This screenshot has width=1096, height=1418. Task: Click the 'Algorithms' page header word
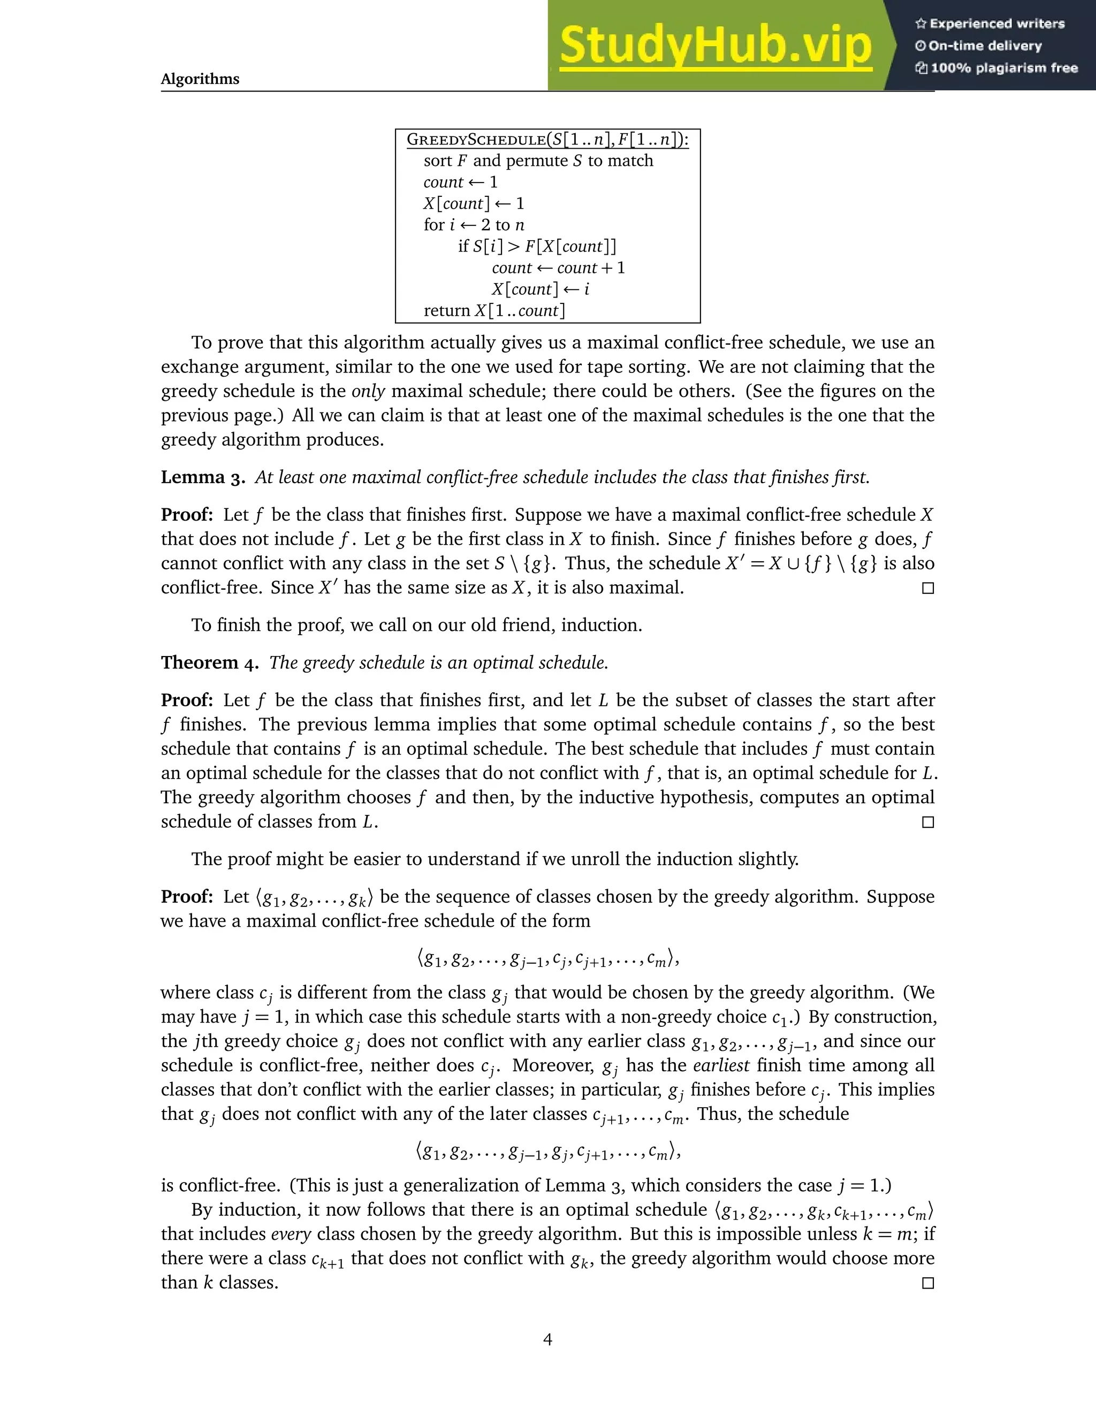tap(200, 79)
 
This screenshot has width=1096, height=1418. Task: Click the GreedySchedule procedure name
tap(475, 140)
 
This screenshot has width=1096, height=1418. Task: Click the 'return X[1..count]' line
tap(494, 311)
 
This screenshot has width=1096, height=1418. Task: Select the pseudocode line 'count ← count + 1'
tap(558, 268)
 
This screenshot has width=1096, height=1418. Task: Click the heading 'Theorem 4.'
tap(210, 663)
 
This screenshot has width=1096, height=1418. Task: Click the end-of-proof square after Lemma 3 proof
tap(928, 588)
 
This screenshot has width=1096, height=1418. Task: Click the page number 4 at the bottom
tap(547, 1339)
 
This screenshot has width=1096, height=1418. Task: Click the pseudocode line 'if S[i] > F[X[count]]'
tap(537, 247)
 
